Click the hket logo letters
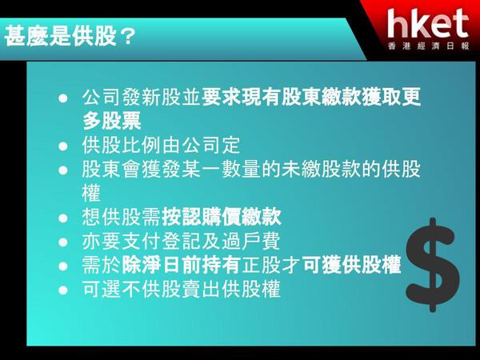tap(428, 23)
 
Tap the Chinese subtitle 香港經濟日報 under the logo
tap(428, 46)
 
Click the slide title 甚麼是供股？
tap(70, 36)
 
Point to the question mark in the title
tap(126, 37)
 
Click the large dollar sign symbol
tap(432, 265)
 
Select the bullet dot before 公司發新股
tap(63, 98)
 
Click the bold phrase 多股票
tap(112, 121)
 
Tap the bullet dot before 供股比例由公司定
tap(63, 146)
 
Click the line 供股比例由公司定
tap(161, 146)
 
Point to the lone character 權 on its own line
tap(91, 193)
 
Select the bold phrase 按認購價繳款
tap(222, 217)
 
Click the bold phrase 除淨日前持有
tap(181, 265)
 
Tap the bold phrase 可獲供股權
tap(351, 265)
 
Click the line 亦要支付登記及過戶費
tap(182, 241)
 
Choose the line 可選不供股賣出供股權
tap(182, 289)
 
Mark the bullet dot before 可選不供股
tap(63, 290)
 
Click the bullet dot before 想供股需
tap(63, 218)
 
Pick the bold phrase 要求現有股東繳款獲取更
tap(311, 97)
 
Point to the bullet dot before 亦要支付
tap(63, 242)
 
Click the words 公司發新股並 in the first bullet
tap(142, 97)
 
